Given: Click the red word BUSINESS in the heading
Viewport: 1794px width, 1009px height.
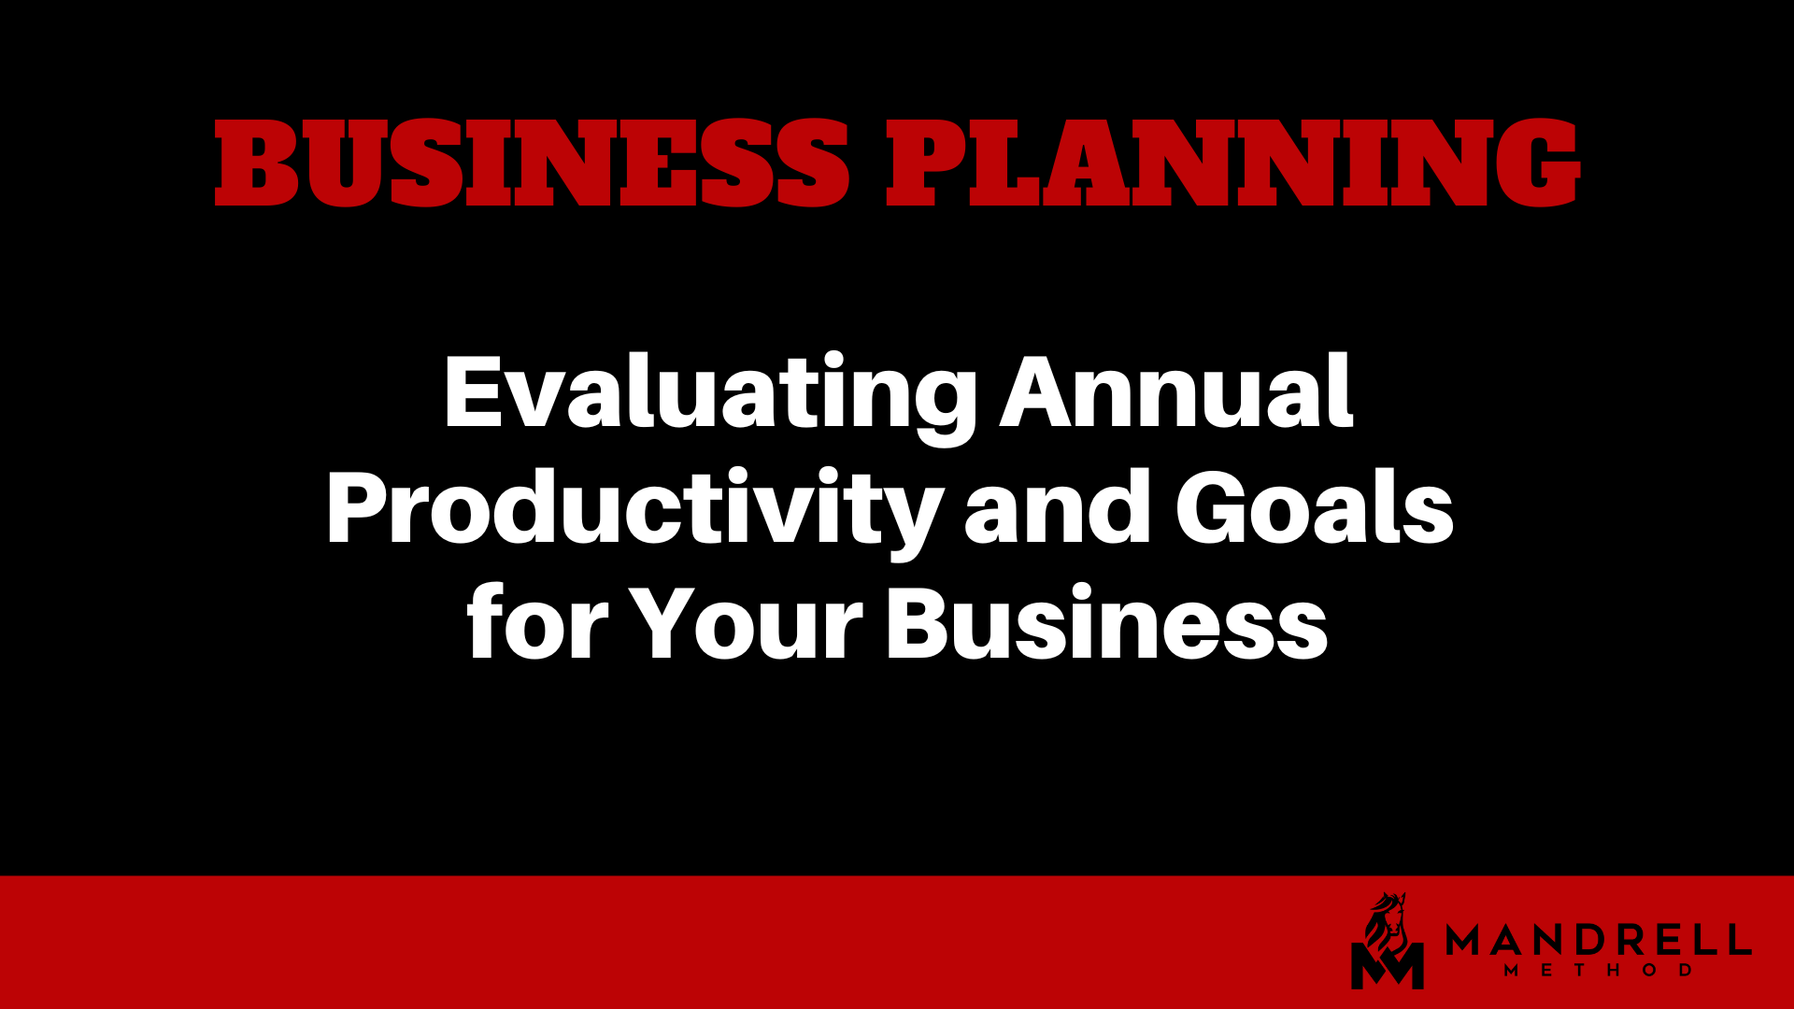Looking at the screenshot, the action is [x=532, y=163].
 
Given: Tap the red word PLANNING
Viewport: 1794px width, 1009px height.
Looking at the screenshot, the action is [x=1232, y=163].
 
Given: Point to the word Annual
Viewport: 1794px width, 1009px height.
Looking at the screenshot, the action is [x=1176, y=391].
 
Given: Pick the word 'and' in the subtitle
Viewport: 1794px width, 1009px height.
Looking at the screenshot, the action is [x=1058, y=507].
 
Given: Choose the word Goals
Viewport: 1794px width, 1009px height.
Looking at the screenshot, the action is [x=1315, y=507].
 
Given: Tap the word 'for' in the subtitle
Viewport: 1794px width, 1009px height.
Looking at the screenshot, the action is [x=537, y=621].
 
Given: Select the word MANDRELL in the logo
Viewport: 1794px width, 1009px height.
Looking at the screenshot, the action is [x=1599, y=940].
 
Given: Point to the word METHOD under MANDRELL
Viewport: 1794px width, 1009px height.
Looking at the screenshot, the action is [x=1599, y=971].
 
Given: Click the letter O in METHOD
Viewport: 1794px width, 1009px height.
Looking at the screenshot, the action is [x=1650, y=971].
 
